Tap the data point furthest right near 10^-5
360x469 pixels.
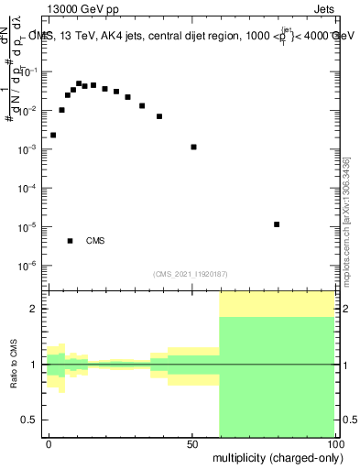277,224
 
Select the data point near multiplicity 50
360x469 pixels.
193,147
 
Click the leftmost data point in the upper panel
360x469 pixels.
53,135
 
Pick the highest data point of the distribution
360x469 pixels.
79,83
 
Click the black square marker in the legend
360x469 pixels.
70,241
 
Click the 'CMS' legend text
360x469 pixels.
95,241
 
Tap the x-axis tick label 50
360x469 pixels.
192,443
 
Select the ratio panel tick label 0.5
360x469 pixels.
32,420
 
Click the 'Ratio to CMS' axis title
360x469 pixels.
14,365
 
